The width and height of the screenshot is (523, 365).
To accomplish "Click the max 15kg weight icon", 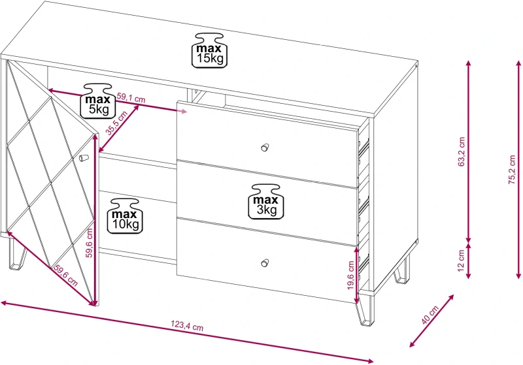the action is coord(209,50).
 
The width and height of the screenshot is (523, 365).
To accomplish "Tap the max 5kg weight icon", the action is coord(98,101).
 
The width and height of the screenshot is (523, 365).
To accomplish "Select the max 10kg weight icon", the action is coord(125,216).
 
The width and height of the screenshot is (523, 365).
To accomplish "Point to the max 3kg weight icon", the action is coord(266,202).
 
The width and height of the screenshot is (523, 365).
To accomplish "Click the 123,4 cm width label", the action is coord(187,325).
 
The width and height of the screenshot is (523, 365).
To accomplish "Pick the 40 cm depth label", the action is coord(430,315).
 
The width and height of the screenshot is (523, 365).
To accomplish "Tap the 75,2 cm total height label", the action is coord(512,170).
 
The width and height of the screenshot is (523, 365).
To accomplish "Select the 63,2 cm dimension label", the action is coord(462,151).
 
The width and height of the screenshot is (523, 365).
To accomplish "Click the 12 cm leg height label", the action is coord(461,261).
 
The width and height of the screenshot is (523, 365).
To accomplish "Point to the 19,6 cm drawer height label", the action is coord(350,276).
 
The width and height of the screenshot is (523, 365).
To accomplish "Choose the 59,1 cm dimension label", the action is coord(131,98).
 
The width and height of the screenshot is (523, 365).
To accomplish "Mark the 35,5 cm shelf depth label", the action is coord(117,123).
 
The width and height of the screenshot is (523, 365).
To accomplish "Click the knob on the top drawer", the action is coord(265,147).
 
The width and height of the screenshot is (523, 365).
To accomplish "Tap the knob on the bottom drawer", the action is coord(265,262).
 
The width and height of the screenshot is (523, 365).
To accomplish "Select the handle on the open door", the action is coord(84,157).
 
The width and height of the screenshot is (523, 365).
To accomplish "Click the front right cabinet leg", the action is coord(365,309).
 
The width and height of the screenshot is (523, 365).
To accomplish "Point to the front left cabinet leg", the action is coord(17,254).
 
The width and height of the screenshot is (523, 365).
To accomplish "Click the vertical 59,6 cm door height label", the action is coord(89,243).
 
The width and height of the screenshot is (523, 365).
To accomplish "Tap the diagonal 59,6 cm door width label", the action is coord(66,276).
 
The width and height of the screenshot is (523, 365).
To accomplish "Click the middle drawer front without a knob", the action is coord(267,203).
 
